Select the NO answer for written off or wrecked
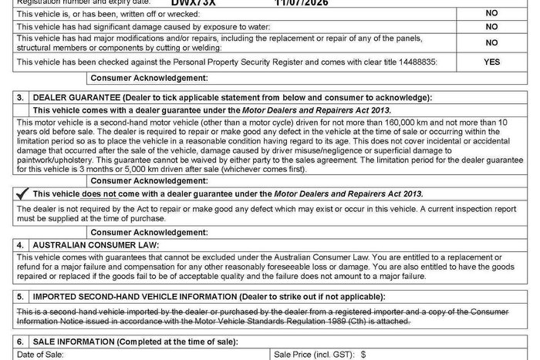pos(491,14)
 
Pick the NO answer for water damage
pos(491,26)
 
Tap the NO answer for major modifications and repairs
pos(491,43)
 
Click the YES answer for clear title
pos(491,62)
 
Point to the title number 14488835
pos(417,62)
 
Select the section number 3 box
pos(21,97)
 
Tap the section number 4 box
pos(21,244)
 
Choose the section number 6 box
pos(21,341)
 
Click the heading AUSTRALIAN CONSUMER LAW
pos(95,244)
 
